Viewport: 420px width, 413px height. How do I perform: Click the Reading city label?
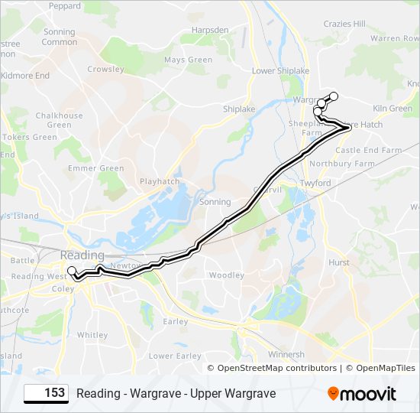tap(82, 255)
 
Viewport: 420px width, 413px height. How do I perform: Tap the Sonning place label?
tap(215, 202)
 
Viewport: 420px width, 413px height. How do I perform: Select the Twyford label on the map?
tap(315, 184)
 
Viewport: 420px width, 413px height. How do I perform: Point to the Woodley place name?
tap(226, 275)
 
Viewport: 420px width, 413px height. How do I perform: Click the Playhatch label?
tap(159, 181)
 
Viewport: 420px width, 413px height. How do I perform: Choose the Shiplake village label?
tap(239, 109)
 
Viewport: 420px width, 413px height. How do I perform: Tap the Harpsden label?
tap(212, 31)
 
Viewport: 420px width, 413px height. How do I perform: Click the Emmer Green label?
tap(96, 168)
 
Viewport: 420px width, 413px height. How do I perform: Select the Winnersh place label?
tap(286, 354)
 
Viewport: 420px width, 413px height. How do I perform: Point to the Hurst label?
tap(338, 262)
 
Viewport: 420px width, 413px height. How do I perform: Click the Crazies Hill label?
tap(344, 24)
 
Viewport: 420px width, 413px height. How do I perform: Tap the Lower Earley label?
tap(175, 356)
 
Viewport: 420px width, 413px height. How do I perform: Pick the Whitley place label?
tap(92, 335)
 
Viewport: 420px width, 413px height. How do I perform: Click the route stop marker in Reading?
tap(72, 271)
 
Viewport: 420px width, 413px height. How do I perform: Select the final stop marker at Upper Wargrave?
tap(333, 96)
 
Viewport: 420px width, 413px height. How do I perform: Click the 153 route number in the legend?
tap(54, 393)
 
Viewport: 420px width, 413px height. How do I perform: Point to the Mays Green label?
tap(188, 60)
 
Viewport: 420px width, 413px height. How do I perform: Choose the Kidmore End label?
tap(25, 76)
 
